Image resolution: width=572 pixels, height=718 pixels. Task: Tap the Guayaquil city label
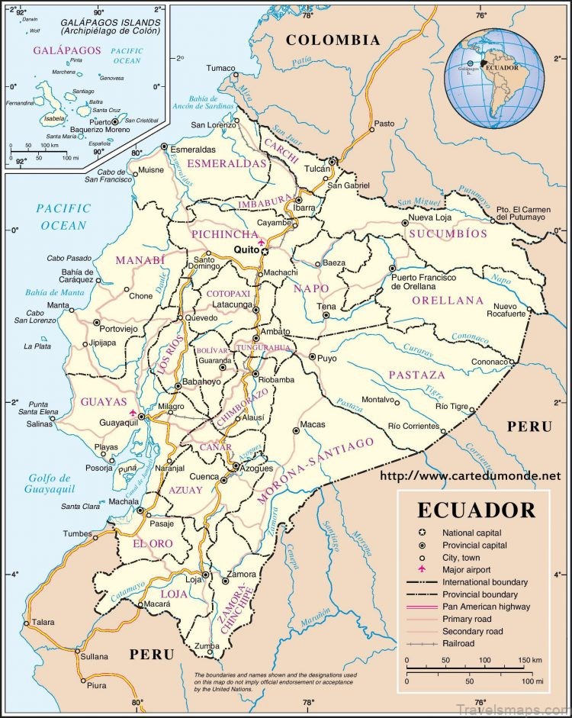(119, 422)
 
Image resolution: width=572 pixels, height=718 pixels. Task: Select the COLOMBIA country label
(333, 40)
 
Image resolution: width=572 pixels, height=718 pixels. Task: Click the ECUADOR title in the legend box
(475, 510)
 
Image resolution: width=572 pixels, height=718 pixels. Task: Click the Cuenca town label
(204, 476)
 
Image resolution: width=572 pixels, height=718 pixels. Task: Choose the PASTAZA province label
(416, 375)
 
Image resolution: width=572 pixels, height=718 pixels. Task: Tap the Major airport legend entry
(466, 569)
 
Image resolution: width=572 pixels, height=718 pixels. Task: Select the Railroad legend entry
(458, 643)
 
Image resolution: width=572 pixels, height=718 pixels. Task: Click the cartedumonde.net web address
(474, 475)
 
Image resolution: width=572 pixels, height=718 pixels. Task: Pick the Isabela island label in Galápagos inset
(34, 119)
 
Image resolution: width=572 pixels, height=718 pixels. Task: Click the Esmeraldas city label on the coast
(192, 150)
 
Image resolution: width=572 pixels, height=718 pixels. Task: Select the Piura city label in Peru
(96, 685)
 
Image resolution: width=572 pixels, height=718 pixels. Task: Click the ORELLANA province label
(448, 300)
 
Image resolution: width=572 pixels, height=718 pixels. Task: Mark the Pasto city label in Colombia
(384, 123)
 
